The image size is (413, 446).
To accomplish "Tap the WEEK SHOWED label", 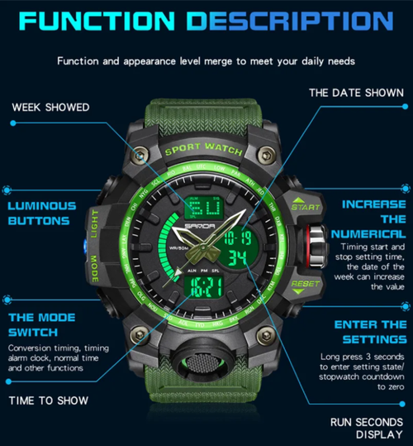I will pyautogui.click(x=50, y=107).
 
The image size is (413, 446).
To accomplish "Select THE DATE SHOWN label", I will pyautogui.click(x=356, y=93).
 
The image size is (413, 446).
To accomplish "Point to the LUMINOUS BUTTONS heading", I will pyautogui.click(x=42, y=213).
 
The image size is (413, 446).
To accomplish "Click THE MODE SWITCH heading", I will pyautogui.click(x=42, y=324).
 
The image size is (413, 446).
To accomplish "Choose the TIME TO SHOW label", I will pyautogui.click(x=48, y=400).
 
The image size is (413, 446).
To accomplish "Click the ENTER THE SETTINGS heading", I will pyautogui.click(x=369, y=332).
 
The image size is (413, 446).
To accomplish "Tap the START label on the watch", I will pyautogui.click(x=305, y=206).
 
